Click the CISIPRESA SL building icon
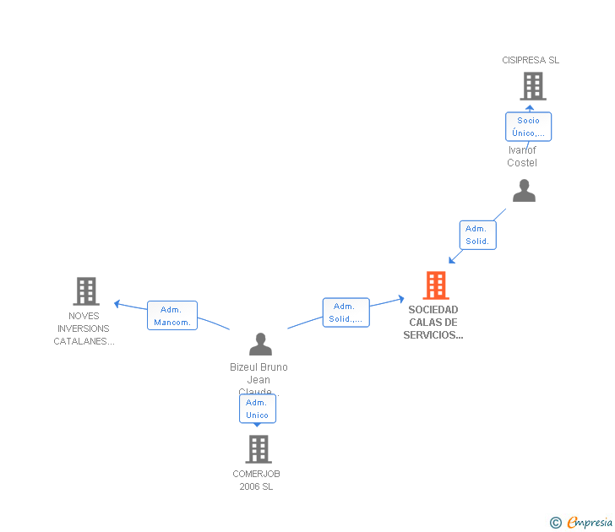pyautogui.click(x=532, y=86)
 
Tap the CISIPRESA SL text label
pyautogui.click(x=531, y=60)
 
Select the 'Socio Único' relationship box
pyautogui.click(x=529, y=127)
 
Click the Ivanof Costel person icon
pyautogui.click(x=524, y=191)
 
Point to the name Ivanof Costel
pyautogui.click(x=522, y=156)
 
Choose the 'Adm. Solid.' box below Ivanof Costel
pyautogui.click(x=477, y=235)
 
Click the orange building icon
pyautogui.click(x=435, y=285)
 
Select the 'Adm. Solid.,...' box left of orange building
pyautogui.click(x=346, y=312)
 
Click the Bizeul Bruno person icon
pyautogui.click(x=260, y=344)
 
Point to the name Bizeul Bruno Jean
pyautogui.click(x=259, y=373)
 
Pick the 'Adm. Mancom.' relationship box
pyautogui.click(x=172, y=316)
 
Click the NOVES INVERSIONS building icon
pyautogui.click(x=85, y=291)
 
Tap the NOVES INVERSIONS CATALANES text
pyautogui.click(x=84, y=328)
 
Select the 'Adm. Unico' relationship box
pyautogui.click(x=257, y=409)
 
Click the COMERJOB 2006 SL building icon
pyautogui.click(x=258, y=449)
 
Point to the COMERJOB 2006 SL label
pyautogui.click(x=256, y=480)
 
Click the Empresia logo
pyautogui.click(x=589, y=523)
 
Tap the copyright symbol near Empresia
pyautogui.click(x=555, y=523)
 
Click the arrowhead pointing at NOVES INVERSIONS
pyautogui.click(x=118, y=303)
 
